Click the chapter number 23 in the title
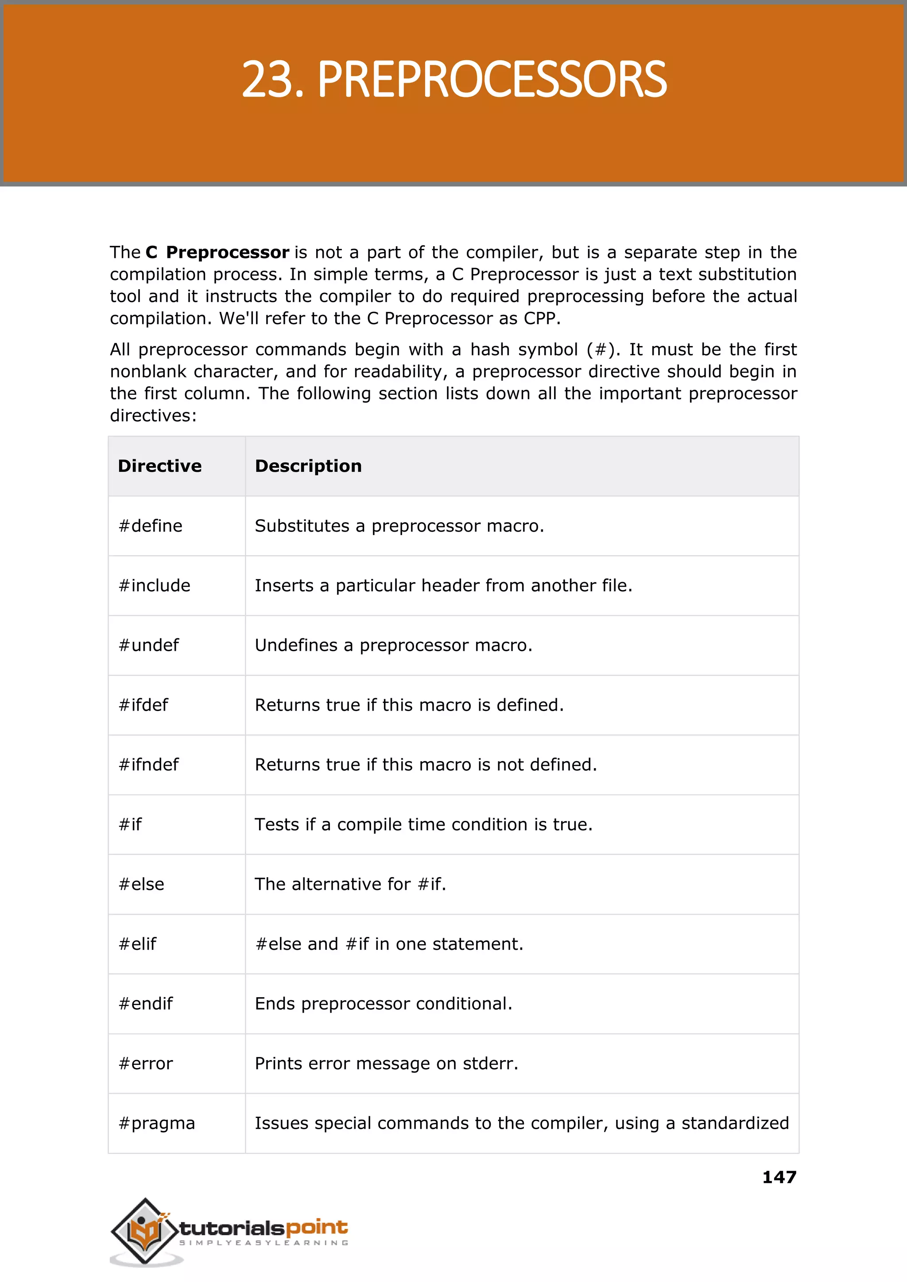[x=267, y=80]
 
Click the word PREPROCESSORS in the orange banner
[x=492, y=80]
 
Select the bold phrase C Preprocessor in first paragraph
[x=217, y=253]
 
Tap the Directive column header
[x=160, y=466]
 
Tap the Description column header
[x=308, y=466]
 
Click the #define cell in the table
[x=151, y=526]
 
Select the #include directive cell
[x=155, y=586]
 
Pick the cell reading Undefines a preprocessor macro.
[x=394, y=645]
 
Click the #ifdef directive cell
[x=143, y=705]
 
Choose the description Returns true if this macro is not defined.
[x=426, y=765]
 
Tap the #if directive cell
[x=130, y=824]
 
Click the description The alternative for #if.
[x=350, y=884]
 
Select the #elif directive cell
[x=137, y=944]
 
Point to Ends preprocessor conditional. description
[x=383, y=1004]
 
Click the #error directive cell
[x=146, y=1064]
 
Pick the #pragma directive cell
[x=157, y=1123]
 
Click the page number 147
[x=779, y=1177]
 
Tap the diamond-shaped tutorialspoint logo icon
[x=144, y=1230]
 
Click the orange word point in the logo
[x=317, y=1228]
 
